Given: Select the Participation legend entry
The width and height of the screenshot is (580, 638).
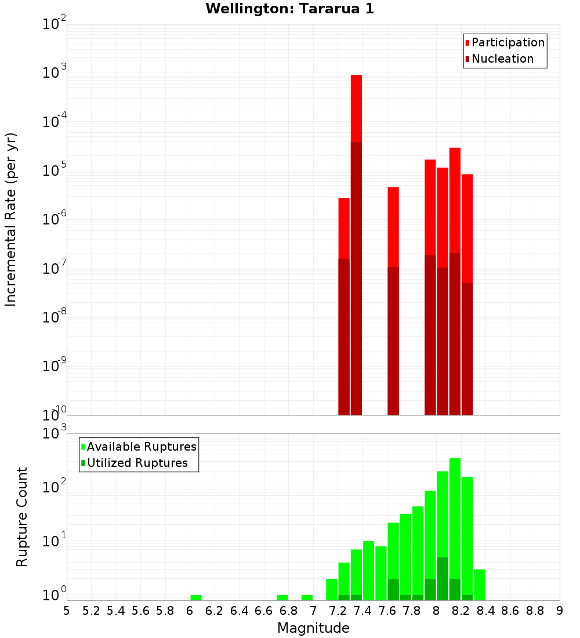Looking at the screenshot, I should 507,42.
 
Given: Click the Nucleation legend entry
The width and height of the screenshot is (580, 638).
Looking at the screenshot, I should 502,59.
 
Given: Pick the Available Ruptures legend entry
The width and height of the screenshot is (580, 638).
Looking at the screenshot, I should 141,447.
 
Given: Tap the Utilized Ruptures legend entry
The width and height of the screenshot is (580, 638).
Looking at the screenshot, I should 137,463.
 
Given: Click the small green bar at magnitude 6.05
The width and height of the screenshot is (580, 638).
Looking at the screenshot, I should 196,597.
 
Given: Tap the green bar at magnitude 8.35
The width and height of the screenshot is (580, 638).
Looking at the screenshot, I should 480,585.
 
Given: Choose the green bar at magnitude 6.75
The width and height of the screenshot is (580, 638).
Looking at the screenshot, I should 282,597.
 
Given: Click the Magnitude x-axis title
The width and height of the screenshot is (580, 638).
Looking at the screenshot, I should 313,628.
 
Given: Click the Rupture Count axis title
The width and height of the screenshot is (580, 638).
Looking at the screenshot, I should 22,516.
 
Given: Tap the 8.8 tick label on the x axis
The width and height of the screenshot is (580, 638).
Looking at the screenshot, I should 535,611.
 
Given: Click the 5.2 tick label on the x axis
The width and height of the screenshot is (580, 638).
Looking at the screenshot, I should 91,611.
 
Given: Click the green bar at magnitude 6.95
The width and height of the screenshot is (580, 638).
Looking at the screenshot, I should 307,597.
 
